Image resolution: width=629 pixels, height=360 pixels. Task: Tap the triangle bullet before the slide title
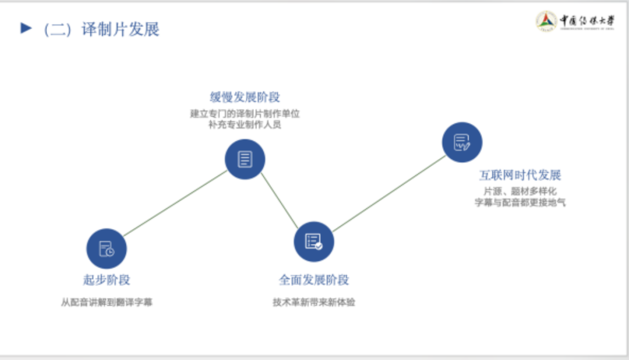(26, 28)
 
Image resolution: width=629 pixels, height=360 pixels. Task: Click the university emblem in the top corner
(546, 22)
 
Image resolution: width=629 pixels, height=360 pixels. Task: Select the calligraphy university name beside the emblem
(587, 21)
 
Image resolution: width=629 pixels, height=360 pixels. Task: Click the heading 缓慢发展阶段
(245, 97)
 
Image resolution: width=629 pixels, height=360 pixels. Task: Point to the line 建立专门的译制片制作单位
(245, 114)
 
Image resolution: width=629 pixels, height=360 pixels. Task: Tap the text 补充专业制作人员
(245, 125)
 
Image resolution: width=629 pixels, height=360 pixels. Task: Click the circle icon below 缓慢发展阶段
(245, 159)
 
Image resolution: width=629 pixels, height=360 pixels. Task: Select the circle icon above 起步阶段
(107, 249)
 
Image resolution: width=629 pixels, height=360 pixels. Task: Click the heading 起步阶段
(107, 280)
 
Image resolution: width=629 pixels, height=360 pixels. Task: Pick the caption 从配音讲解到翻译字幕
(107, 302)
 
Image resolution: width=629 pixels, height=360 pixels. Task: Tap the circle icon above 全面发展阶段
(314, 242)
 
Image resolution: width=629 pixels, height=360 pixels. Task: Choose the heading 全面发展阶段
(314, 280)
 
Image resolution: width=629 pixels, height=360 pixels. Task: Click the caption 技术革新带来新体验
(314, 302)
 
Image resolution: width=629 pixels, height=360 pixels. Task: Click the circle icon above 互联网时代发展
(462, 142)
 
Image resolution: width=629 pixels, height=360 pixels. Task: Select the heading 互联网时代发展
(520, 175)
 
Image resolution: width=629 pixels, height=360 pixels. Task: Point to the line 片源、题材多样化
(520, 192)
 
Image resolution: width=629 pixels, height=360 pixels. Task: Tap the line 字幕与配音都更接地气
(520, 203)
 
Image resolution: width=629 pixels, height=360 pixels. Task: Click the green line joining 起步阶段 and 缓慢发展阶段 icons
(175, 204)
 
